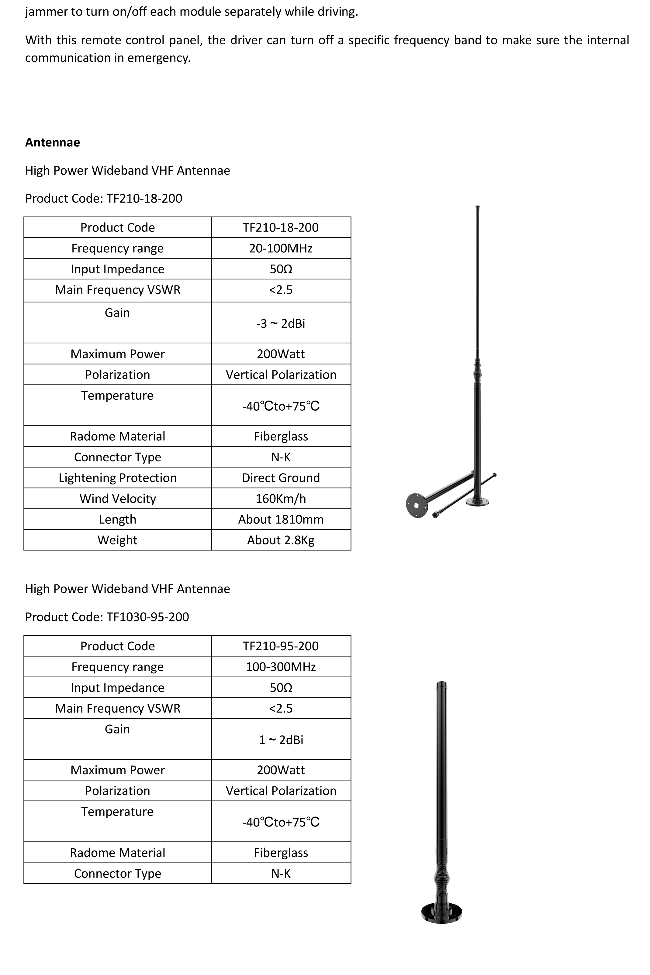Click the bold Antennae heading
click(53, 142)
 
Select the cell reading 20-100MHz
click(281, 248)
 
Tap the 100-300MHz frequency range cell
click(281, 666)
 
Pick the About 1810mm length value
click(281, 519)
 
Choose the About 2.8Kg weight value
click(281, 540)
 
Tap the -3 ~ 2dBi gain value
click(281, 323)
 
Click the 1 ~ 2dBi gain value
click(281, 739)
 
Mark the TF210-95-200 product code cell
click(281, 646)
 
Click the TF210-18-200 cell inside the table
click(281, 227)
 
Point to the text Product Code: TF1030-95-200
click(107, 617)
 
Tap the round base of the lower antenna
click(441, 912)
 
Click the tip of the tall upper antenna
click(478, 207)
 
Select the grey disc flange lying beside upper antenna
click(417, 505)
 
